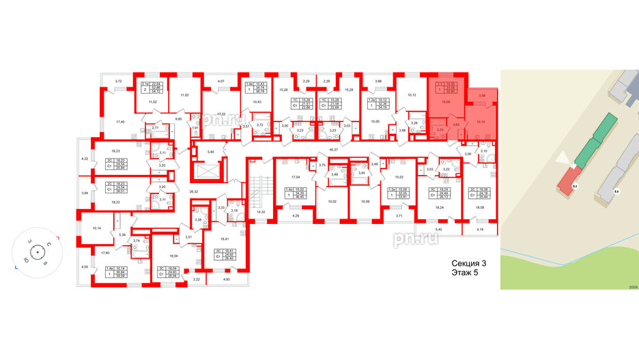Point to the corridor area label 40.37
tap(335, 148)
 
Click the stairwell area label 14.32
tap(260, 212)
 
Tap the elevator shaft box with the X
tap(205, 171)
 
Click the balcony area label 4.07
tap(220, 82)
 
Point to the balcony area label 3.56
tap(481, 95)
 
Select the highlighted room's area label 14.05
tap(446, 102)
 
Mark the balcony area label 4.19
tap(479, 230)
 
